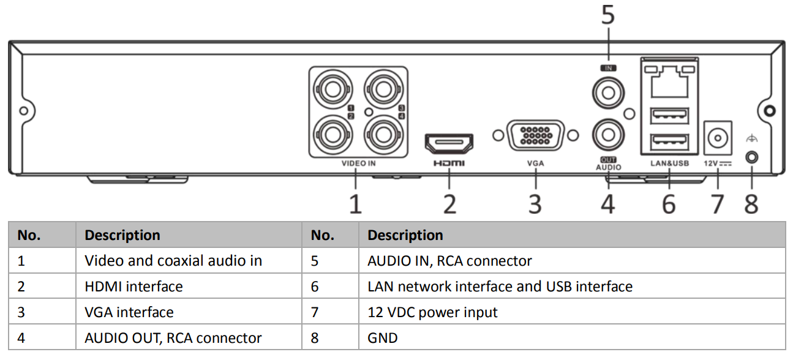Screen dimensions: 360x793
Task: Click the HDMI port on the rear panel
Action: point(449,143)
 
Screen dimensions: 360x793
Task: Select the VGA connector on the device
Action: point(535,135)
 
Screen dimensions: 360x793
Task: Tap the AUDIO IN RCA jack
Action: point(608,94)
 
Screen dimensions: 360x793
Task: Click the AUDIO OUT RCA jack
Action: point(608,133)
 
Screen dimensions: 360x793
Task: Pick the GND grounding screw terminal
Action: point(751,157)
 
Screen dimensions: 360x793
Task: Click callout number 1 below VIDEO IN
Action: point(355,204)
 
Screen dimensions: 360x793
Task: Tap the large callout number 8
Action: point(751,204)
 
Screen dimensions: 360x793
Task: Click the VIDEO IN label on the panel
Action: point(358,163)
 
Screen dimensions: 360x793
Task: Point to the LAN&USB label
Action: point(669,163)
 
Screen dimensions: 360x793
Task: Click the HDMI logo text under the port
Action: point(449,163)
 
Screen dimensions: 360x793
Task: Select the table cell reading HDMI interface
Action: point(133,287)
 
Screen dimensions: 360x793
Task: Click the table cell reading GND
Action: point(383,338)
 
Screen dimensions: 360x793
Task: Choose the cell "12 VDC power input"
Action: point(432,312)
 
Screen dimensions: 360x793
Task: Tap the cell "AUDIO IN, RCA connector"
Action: point(449,261)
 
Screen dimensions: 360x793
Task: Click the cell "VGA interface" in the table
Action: point(129,312)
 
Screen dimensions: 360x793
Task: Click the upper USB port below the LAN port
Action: point(669,114)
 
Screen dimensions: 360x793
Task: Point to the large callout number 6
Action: point(669,204)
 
